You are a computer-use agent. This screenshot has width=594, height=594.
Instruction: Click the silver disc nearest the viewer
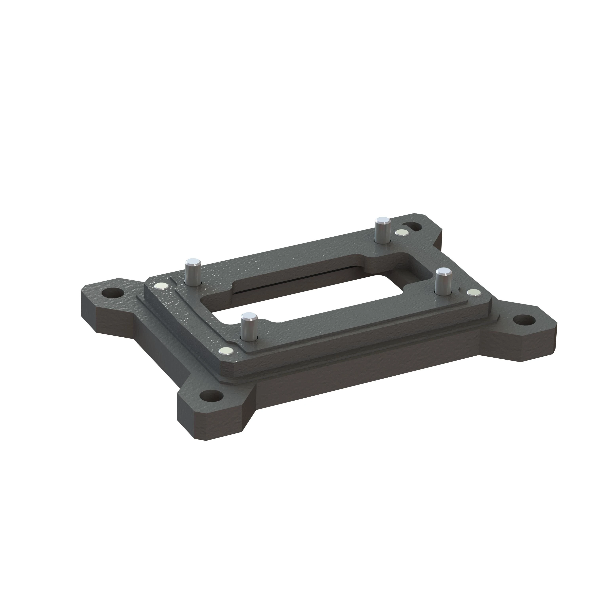coord(226,351)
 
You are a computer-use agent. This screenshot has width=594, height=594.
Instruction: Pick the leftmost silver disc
coord(162,287)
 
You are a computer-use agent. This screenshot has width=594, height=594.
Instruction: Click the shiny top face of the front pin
coord(249,316)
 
